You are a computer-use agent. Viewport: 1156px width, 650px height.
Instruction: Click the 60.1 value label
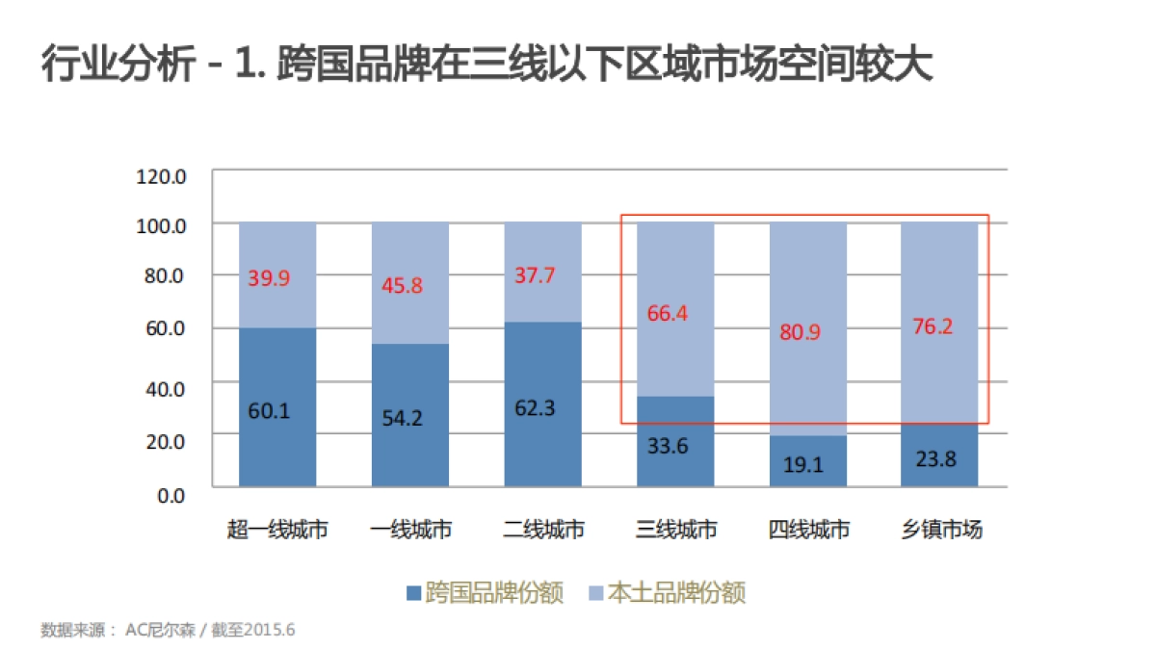tap(269, 411)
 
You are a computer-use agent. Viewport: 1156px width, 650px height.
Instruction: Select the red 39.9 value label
tap(269, 277)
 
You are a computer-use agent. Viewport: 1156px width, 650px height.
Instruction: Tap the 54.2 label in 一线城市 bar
tap(402, 418)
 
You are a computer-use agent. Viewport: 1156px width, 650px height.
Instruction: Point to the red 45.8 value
tap(402, 286)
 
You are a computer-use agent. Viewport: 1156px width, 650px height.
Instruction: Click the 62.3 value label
tap(535, 407)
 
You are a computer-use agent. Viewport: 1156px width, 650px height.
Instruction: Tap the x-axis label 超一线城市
tap(278, 530)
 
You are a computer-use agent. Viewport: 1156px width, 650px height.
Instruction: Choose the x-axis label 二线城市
tap(543, 530)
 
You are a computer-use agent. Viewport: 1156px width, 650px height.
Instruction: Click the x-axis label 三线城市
tap(676, 530)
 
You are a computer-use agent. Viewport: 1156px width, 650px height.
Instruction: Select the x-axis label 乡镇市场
tap(941, 530)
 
